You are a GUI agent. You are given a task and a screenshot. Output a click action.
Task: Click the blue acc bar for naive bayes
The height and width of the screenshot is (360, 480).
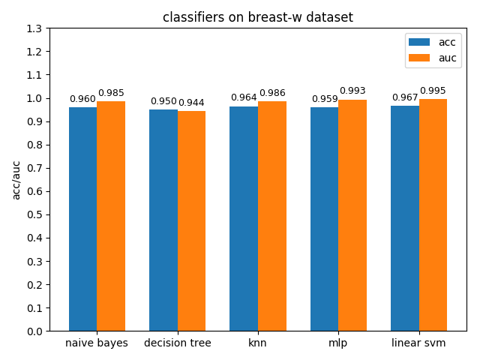pyautogui.click(x=83, y=219)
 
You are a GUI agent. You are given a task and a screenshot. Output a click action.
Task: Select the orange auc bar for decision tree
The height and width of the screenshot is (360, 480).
pyautogui.click(x=192, y=221)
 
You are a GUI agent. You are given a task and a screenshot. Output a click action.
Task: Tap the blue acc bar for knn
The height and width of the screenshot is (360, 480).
pyautogui.click(x=244, y=218)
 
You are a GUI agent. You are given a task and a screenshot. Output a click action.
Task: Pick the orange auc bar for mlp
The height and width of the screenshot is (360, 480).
pyautogui.click(x=352, y=215)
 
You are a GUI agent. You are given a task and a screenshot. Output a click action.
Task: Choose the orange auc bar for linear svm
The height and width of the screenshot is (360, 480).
pyautogui.click(x=433, y=215)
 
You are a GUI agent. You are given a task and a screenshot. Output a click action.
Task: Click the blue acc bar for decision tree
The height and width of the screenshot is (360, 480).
pyautogui.click(x=163, y=220)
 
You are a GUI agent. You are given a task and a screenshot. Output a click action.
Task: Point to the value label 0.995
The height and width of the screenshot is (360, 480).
pyautogui.click(x=433, y=91)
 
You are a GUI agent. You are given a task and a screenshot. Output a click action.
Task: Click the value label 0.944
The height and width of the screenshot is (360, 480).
pyautogui.click(x=191, y=103)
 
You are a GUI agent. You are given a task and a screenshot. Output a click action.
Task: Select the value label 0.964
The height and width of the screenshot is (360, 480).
pyautogui.click(x=244, y=97)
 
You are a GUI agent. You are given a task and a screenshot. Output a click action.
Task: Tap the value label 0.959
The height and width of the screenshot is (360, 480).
pyautogui.click(x=325, y=99)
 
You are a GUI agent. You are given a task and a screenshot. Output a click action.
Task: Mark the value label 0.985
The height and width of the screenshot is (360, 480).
pyautogui.click(x=111, y=93)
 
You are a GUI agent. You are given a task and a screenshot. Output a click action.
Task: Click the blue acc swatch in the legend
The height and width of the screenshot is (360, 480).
pyautogui.click(x=419, y=42)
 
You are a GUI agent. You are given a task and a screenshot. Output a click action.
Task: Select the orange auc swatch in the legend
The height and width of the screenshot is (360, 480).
pyautogui.click(x=419, y=58)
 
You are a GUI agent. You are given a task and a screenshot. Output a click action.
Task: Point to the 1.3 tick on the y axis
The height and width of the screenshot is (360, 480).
pyautogui.click(x=48, y=28)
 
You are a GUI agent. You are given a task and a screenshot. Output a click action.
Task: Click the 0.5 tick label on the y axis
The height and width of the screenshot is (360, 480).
pyautogui.click(x=34, y=214)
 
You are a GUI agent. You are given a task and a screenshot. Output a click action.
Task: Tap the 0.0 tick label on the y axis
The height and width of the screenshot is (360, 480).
pyautogui.click(x=34, y=331)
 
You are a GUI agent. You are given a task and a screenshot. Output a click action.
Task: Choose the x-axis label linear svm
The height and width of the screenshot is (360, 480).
pyautogui.click(x=418, y=343)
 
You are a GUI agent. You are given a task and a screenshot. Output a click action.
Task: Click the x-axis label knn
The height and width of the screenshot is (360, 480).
pyautogui.click(x=257, y=343)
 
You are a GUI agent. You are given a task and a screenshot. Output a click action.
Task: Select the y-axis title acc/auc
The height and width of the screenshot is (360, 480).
pyautogui.click(x=16, y=180)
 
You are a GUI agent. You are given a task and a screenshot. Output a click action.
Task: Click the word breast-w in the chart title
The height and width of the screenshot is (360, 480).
pyautogui.click(x=274, y=17)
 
